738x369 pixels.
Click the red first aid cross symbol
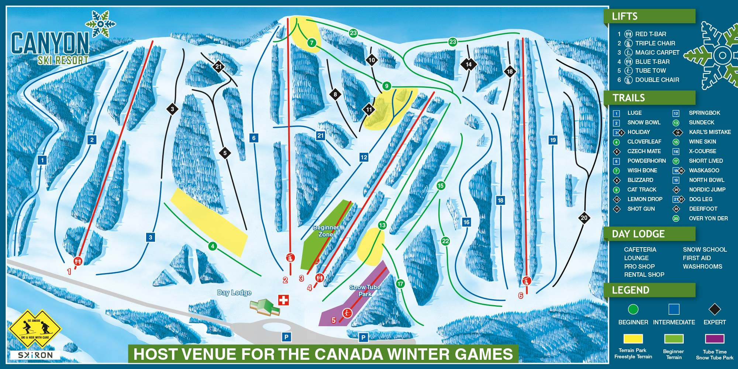[x=283, y=300]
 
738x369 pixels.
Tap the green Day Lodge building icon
[x=265, y=307]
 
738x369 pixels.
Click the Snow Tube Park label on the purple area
[x=365, y=291]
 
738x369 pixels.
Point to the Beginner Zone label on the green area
[x=325, y=231]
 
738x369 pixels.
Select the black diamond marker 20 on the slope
[x=584, y=218]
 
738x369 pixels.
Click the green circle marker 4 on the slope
[x=212, y=246]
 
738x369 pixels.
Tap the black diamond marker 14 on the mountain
[x=468, y=64]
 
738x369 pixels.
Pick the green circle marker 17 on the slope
[x=400, y=284]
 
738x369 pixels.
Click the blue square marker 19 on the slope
[x=553, y=140]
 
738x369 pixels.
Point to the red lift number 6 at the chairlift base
[x=521, y=296]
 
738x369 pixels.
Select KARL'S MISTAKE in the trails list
[x=710, y=132]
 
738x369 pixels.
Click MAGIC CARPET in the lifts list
[x=657, y=52]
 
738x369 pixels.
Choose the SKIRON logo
[x=35, y=355]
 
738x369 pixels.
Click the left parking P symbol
[x=286, y=337]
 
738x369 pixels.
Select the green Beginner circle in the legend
[x=633, y=309]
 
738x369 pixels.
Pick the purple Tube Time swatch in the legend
[x=714, y=339]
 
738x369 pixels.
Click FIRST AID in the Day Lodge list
[x=696, y=258]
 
